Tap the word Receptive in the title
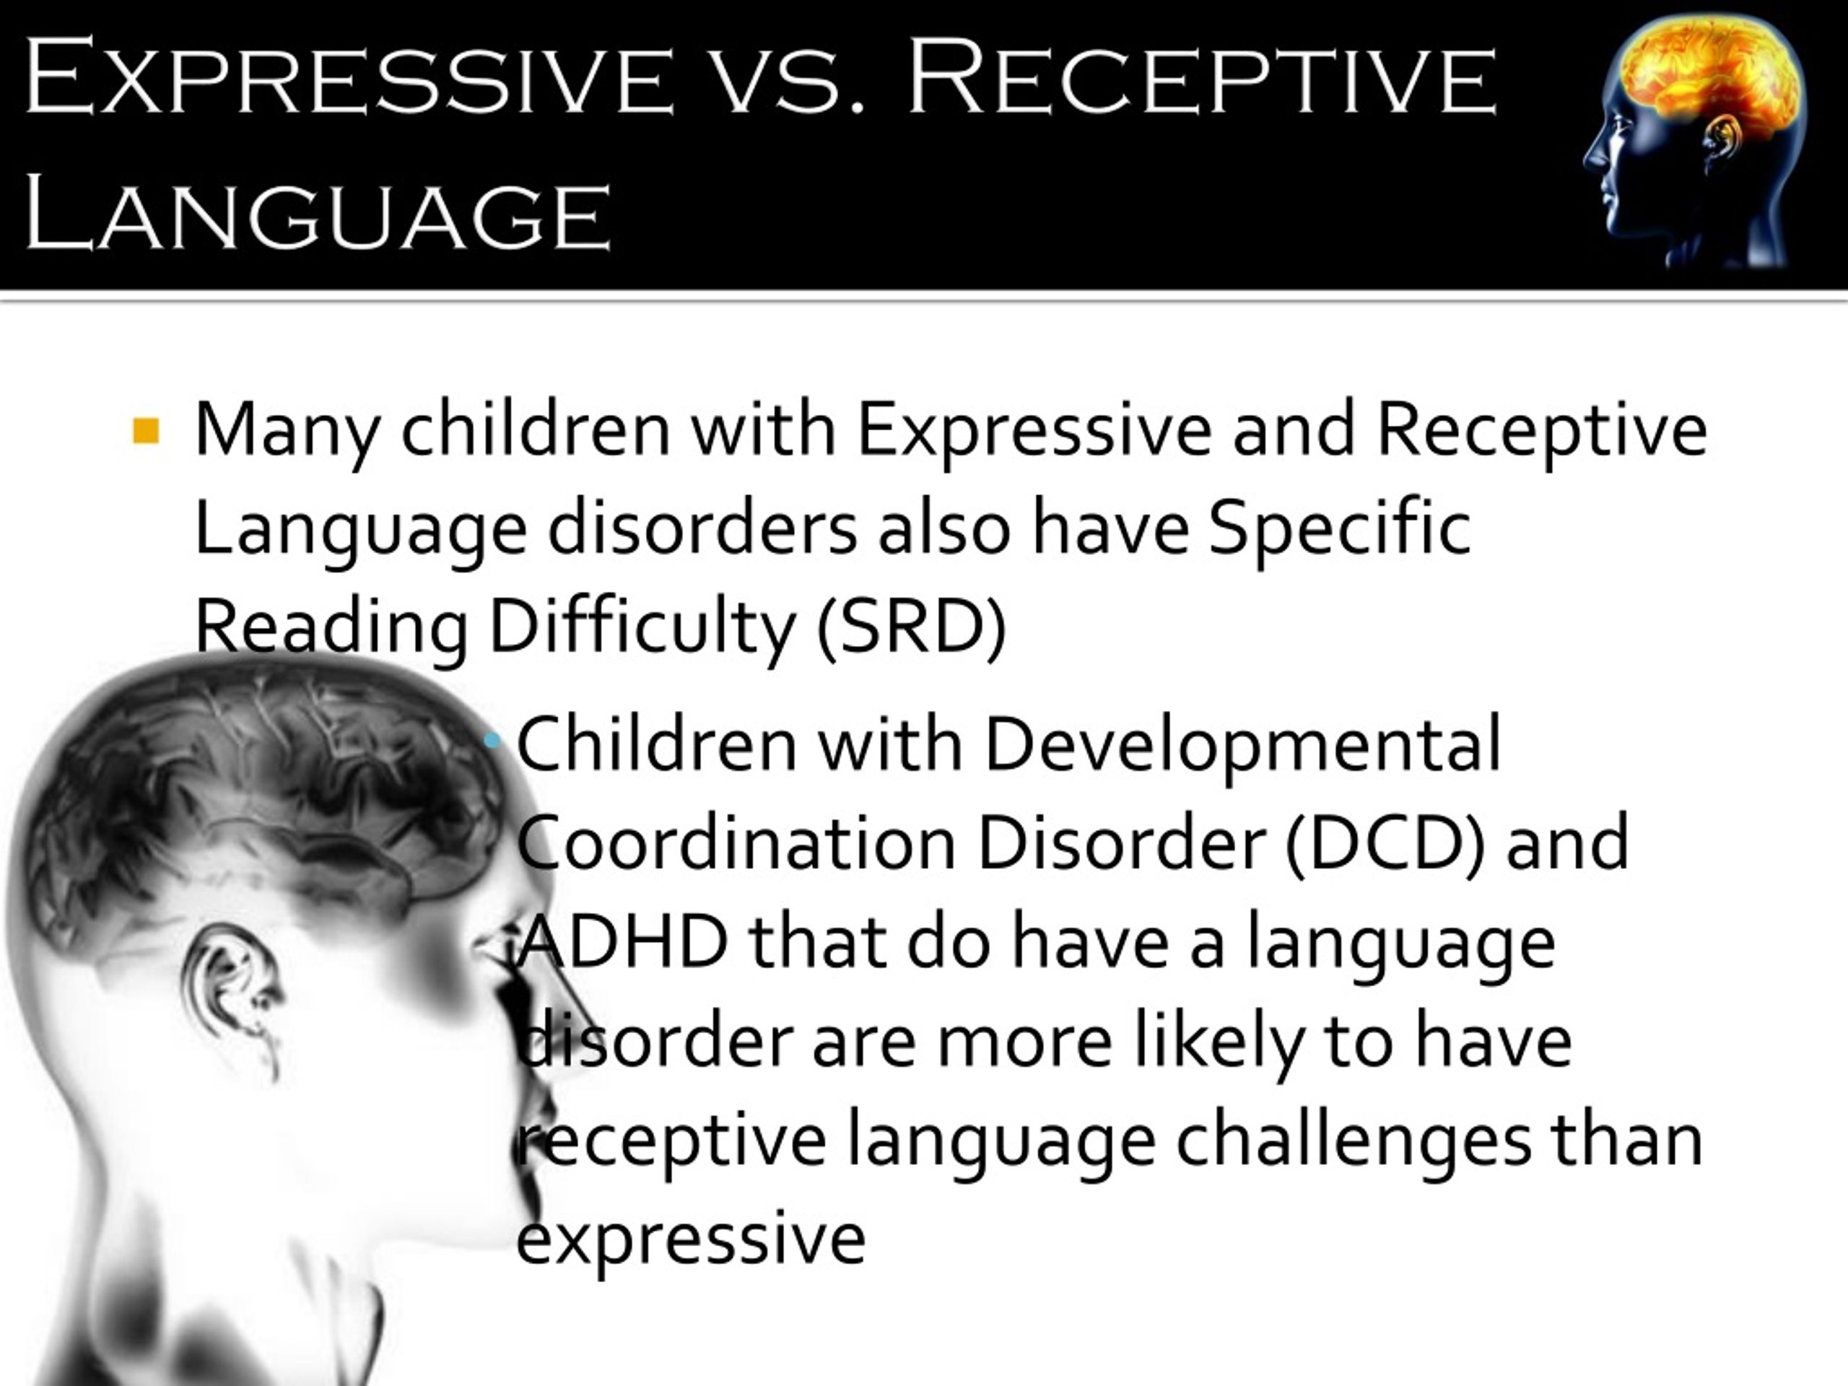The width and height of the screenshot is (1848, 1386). tap(1200, 77)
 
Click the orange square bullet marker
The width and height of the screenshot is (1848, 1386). tap(147, 432)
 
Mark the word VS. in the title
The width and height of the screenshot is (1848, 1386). tap(789, 84)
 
